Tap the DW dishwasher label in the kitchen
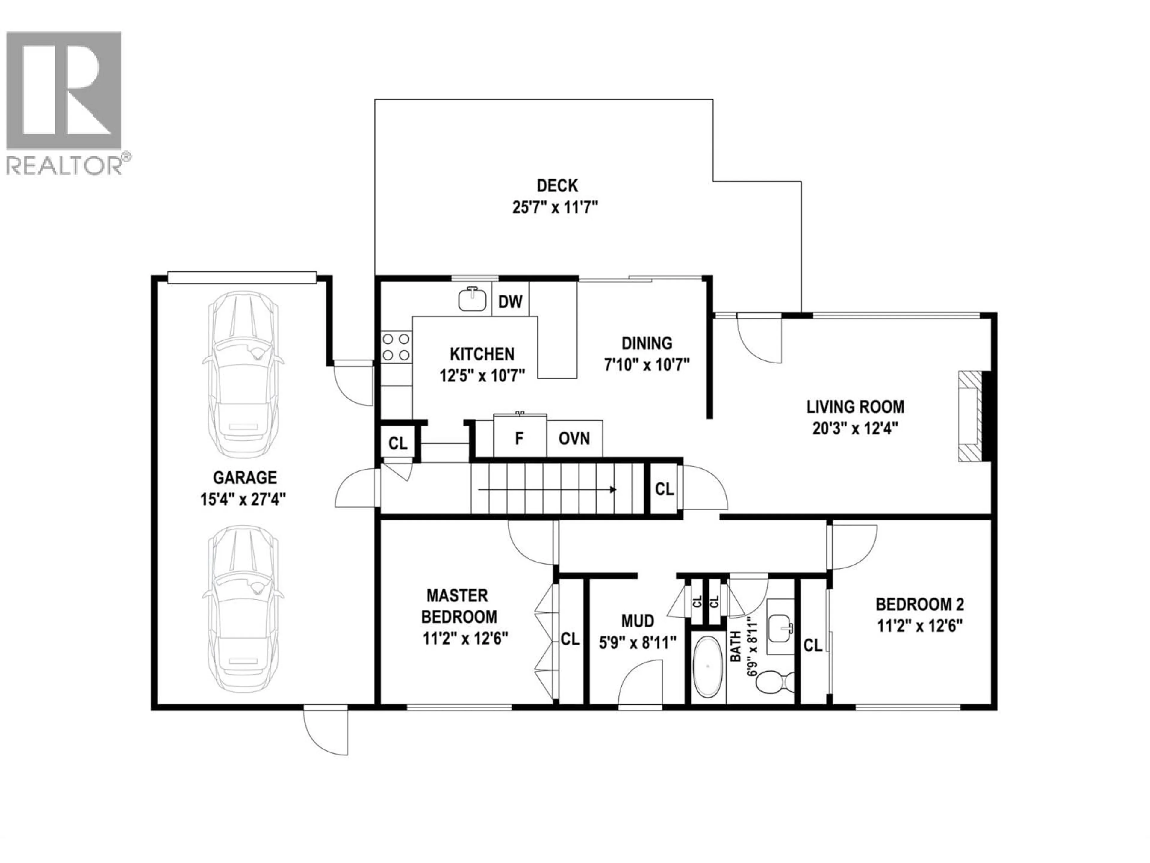click(x=510, y=302)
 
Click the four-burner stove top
click(x=396, y=348)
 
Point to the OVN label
click(x=574, y=438)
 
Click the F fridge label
click(x=519, y=438)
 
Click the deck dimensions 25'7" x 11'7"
click(x=555, y=208)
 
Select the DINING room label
click(x=647, y=343)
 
